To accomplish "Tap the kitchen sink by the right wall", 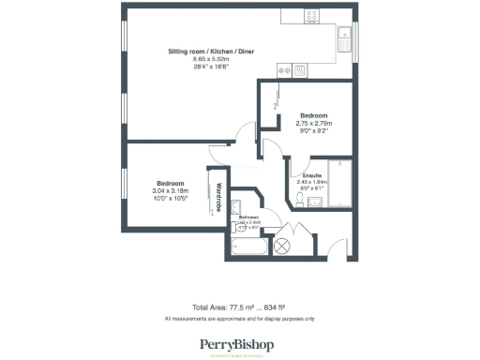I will pyautogui.click(x=342, y=40).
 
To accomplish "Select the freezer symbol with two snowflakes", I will pyautogui.click(x=283, y=70).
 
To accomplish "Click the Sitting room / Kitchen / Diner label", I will pyautogui.click(x=211, y=51).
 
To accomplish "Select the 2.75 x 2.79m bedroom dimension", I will pyautogui.click(x=315, y=123).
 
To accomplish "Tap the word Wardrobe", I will pyautogui.click(x=218, y=196).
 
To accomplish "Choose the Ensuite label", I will pyautogui.click(x=312, y=175).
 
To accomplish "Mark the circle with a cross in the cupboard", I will pyautogui.click(x=282, y=246).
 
